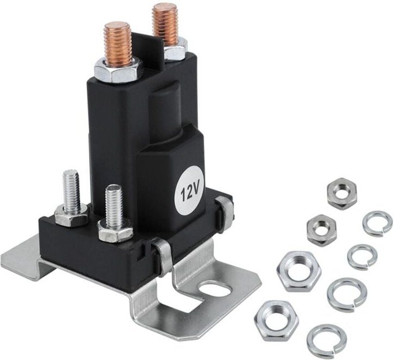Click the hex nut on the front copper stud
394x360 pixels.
point(118,69)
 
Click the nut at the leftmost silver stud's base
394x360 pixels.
point(71,216)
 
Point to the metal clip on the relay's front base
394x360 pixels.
point(161,255)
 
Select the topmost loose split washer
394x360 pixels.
point(377,223)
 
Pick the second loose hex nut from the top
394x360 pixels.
point(321,229)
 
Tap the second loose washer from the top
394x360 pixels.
point(362,257)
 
